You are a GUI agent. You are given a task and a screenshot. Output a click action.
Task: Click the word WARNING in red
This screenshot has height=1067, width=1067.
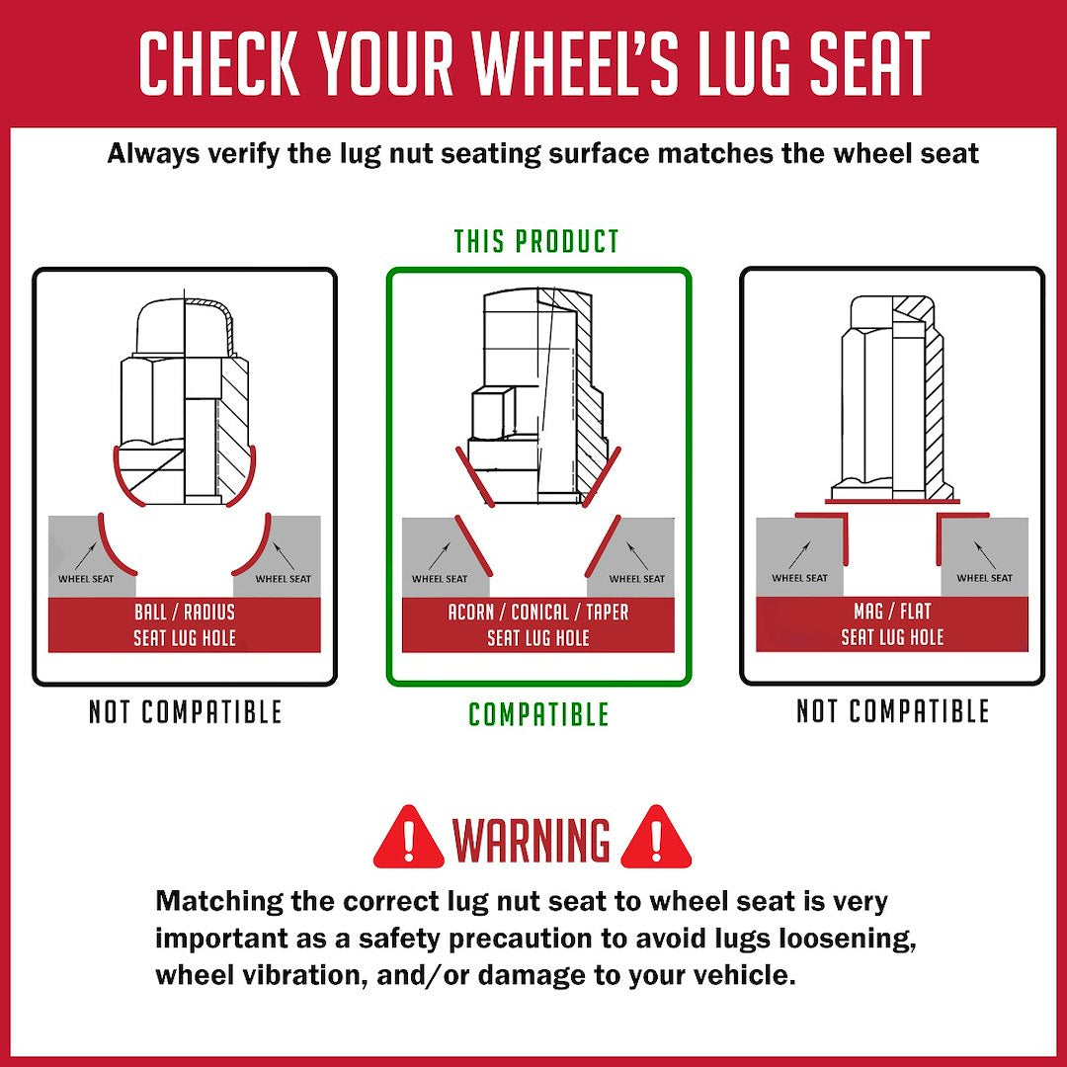point(532,842)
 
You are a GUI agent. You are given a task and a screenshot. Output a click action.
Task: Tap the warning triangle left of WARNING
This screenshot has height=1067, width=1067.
point(408,838)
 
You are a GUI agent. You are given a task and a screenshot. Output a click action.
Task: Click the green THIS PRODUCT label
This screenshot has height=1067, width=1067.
point(536,241)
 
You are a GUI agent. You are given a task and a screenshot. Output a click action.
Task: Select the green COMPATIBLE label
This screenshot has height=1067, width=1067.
point(538,714)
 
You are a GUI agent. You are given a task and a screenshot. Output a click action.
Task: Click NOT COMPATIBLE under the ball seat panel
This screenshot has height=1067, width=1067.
point(185,712)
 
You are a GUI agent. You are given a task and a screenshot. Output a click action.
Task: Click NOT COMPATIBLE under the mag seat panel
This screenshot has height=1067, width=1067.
point(892,711)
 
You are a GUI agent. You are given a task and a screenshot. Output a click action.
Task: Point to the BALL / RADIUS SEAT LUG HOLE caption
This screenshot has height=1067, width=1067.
point(185,624)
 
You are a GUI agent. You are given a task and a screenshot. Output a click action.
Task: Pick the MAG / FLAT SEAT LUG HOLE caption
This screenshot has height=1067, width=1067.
point(892,624)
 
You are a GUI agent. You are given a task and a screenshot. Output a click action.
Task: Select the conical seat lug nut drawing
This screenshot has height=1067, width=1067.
point(538,395)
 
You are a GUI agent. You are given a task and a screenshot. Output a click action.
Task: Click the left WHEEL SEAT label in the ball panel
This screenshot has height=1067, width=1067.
point(86,579)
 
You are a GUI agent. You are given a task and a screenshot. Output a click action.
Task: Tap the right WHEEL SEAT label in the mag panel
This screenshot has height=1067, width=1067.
point(984,578)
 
